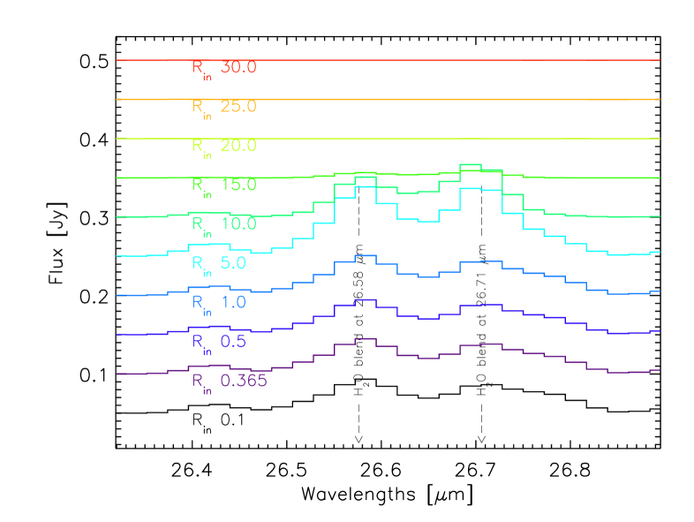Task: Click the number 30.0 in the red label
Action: [x=238, y=68]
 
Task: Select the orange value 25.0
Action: [x=238, y=107]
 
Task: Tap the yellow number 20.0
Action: [x=238, y=146]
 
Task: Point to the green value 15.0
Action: [x=238, y=185]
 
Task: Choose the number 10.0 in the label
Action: [x=238, y=224]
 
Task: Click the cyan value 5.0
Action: [x=234, y=263]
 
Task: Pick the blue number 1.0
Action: [x=234, y=302]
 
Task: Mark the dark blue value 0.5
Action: [x=234, y=342]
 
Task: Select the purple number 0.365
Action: [x=244, y=381]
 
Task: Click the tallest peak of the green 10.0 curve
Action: [x=470, y=165]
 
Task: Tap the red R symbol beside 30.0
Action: [x=199, y=67]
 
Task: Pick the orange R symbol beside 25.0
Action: [x=199, y=106]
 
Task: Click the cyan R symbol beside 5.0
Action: [x=199, y=262]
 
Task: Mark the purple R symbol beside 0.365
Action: [x=199, y=380]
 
